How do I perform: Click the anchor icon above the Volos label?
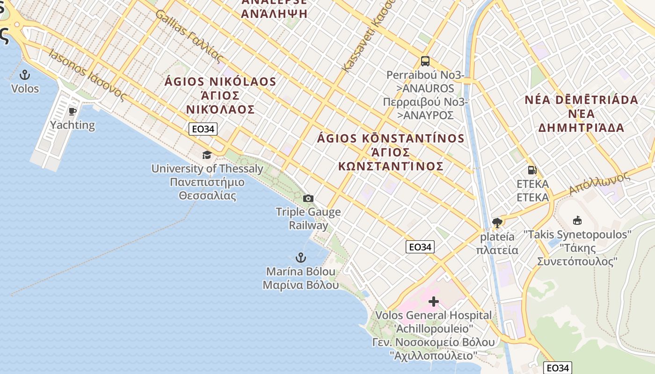(24, 75)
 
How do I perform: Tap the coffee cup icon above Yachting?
(72, 111)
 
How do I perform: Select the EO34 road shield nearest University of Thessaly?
(203, 129)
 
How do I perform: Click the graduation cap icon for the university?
(206, 155)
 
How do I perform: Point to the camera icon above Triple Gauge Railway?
(308, 198)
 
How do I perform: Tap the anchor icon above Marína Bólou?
(300, 258)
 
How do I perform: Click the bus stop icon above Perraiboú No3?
(425, 61)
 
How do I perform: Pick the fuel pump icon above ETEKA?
(532, 170)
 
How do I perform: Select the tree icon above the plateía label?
(497, 223)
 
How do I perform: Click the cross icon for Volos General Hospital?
(434, 302)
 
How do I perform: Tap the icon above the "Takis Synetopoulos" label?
(577, 220)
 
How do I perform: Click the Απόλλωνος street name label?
(600, 184)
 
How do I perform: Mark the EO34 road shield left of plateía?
(420, 247)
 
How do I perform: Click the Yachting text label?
(73, 125)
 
